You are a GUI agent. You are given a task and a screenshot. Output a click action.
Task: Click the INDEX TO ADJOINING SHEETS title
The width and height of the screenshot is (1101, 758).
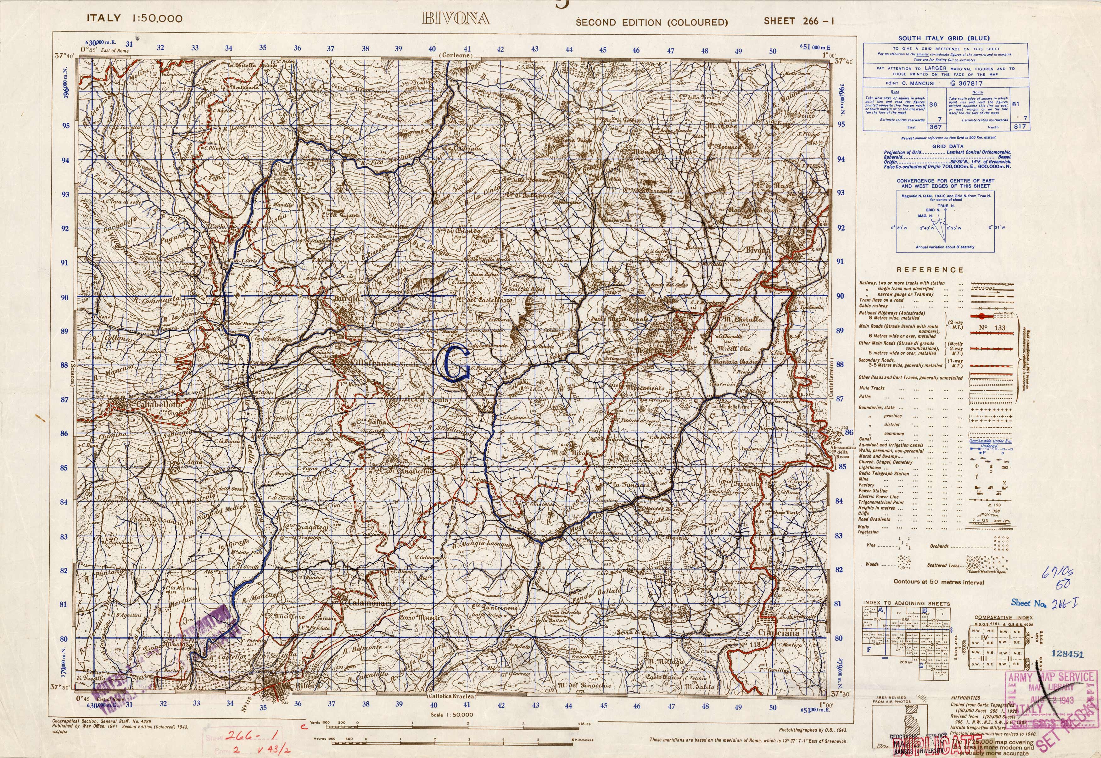point(906,604)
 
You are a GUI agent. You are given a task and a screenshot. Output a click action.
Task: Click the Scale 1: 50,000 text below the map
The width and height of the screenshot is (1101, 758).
point(451,714)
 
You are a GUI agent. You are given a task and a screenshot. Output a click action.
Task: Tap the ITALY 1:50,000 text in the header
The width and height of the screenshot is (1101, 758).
point(134,19)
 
